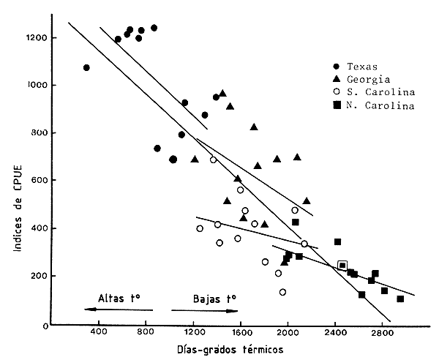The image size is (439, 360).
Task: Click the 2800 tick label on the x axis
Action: click(383, 334)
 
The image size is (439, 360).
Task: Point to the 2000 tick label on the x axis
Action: click(288, 334)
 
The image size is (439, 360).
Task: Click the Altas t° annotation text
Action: click(119, 299)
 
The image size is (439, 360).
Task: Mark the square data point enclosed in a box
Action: click(342, 266)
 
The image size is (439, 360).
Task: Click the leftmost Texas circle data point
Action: click(86, 68)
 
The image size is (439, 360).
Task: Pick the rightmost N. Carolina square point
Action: click(400, 299)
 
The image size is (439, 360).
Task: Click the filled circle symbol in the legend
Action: click(336, 67)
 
